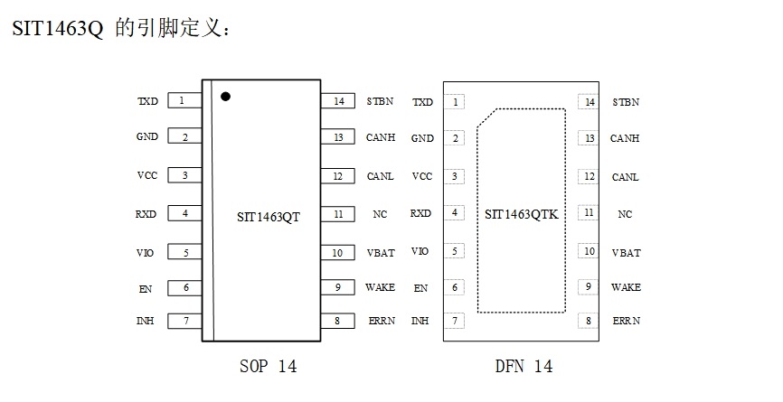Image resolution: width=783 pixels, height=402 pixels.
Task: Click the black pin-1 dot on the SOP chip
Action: coord(225,95)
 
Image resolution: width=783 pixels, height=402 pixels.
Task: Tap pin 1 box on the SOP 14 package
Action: coord(184,100)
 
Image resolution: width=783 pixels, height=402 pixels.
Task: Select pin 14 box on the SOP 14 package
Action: coord(338,101)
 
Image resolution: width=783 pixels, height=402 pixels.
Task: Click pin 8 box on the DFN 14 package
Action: coord(590,321)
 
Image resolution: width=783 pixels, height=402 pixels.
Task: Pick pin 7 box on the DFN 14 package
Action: coord(455,321)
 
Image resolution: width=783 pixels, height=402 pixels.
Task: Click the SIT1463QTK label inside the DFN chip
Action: coord(523,215)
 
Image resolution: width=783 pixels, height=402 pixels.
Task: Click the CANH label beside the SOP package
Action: coord(380,137)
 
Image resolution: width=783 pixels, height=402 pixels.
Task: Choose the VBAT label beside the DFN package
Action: coord(626,253)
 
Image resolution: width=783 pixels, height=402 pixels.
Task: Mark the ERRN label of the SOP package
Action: coord(381,321)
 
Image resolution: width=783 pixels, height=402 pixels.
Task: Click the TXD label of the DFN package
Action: coord(422,102)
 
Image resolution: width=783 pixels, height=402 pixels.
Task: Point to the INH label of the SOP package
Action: coord(145,321)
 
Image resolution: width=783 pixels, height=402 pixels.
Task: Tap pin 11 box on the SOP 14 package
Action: coord(338,214)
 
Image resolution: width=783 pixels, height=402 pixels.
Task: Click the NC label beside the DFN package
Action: coord(625,215)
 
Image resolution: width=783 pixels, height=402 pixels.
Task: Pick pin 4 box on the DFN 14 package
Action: coord(455,213)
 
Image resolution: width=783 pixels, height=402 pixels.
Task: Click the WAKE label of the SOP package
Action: coord(380,287)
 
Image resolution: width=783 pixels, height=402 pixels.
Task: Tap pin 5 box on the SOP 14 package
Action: coord(184,253)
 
